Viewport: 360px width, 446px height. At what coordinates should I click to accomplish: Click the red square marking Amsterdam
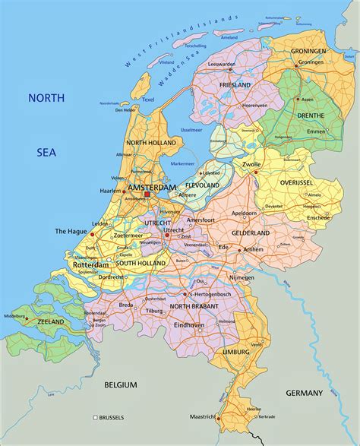tap(147, 194)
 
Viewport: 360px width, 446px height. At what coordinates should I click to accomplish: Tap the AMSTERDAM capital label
tap(152, 186)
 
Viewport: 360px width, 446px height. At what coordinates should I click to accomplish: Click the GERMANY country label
tap(304, 393)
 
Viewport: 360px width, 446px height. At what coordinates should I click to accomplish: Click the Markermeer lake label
tap(183, 163)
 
